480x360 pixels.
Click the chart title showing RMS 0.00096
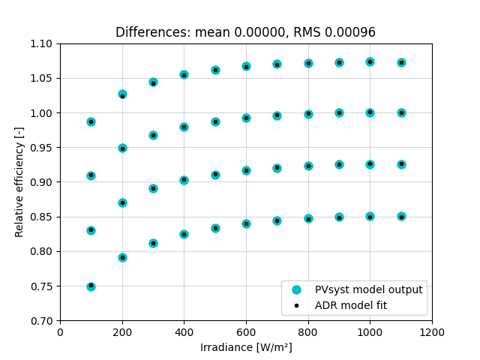pyautogui.click(x=245, y=32)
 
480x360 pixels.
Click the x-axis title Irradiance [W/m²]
pyautogui.click(x=245, y=347)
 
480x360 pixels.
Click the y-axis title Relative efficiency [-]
pyautogui.click(x=19, y=182)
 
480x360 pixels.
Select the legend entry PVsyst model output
pyautogui.click(x=363, y=289)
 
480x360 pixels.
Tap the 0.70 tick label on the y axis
pyautogui.click(x=42, y=321)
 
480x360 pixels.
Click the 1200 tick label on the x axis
pyautogui.click(x=431, y=332)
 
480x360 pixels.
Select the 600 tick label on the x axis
pyautogui.click(x=246, y=332)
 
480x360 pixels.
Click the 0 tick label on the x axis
pyautogui.click(x=60, y=332)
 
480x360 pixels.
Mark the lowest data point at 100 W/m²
pyautogui.click(x=91, y=286)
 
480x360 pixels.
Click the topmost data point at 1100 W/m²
pyautogui.click(x=401, y=62)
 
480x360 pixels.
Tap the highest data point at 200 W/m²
pyautogui.click(x=122, y=94)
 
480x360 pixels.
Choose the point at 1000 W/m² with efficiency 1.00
pyautogui.click(x=370, y=112)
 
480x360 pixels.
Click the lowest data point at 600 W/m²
pyautogui.click(x=246, y=223)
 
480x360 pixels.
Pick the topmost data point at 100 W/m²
pyautogui.click(x=91, y=121)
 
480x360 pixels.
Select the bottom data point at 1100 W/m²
pyautogui.click(x=401, y=216)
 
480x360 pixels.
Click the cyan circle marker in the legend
pyautogui.click(x=297, y=289)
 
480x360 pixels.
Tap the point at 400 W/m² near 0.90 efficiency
pyautogui.click(x=184, y=180)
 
